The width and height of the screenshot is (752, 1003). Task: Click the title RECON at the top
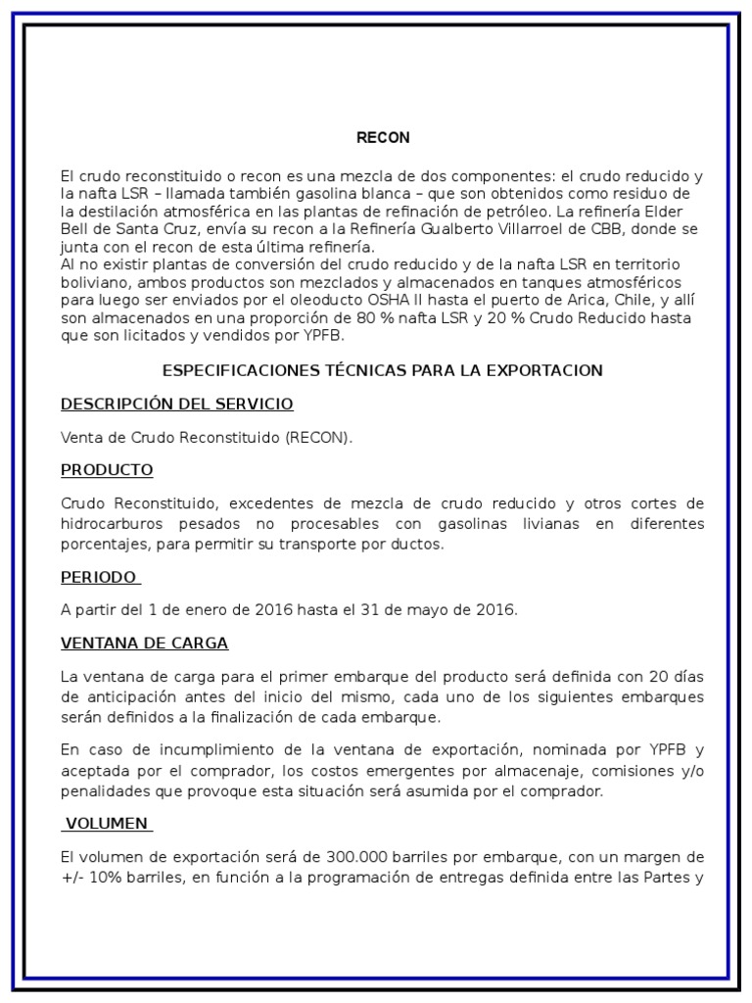click(x=383, y=138)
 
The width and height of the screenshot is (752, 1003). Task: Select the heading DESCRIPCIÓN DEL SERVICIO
click(x=176, y=405)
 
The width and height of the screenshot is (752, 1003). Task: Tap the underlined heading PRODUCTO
click(x=107, y=470)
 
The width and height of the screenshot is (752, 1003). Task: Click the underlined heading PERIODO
click(x=98, y=578)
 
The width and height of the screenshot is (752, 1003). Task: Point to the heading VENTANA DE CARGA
click(x=144, y=644)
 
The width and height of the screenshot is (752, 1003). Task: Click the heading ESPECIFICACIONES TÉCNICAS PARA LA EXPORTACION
click(x=382, y=371)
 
